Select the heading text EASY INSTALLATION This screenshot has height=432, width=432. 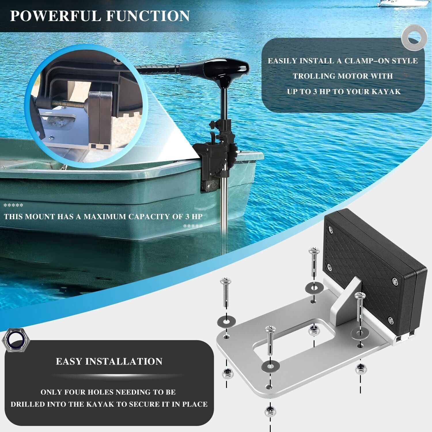109,361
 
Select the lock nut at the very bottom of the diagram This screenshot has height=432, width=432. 269,410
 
